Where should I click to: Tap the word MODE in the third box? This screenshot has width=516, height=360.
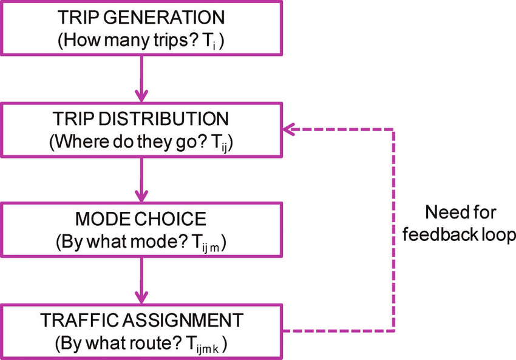click(x=98, y=218)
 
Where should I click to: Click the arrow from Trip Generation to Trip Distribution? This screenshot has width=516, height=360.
click(x=141, y=78)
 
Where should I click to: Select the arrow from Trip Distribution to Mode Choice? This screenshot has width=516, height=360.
click(x=141, y=179)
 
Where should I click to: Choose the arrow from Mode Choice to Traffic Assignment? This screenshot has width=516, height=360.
click(x=141, y=280)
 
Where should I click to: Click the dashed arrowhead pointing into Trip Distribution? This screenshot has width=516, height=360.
click(x=289, y=129)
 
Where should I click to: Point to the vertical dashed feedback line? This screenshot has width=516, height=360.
click(x=395, y=231)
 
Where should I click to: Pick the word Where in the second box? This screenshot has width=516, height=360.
click(x=72, y=142)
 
